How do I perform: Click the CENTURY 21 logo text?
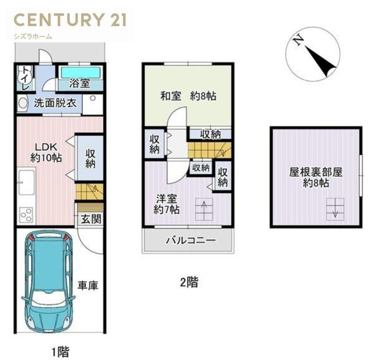pyautogui.click(x=69, y=19)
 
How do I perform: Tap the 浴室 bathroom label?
pyautogui.click(x=79, y=83)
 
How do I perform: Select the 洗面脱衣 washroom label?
pyautogui.click(x=55, y=103)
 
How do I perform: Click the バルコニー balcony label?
pyautogui.click(x=190, y=240)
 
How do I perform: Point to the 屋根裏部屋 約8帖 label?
pyautogui.click(x=315, y=178)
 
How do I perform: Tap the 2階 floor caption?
pyautogui.click(x=189, y=282)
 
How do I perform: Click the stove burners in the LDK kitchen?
pyautogui.click(x=26, y=216)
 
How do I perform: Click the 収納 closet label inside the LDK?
pyautogui.click(x=90, y=158)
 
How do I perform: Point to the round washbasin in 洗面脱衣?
pyautogui.click(x=23, y=104)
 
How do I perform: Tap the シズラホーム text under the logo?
pyautogui.click(x=32, y=36)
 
